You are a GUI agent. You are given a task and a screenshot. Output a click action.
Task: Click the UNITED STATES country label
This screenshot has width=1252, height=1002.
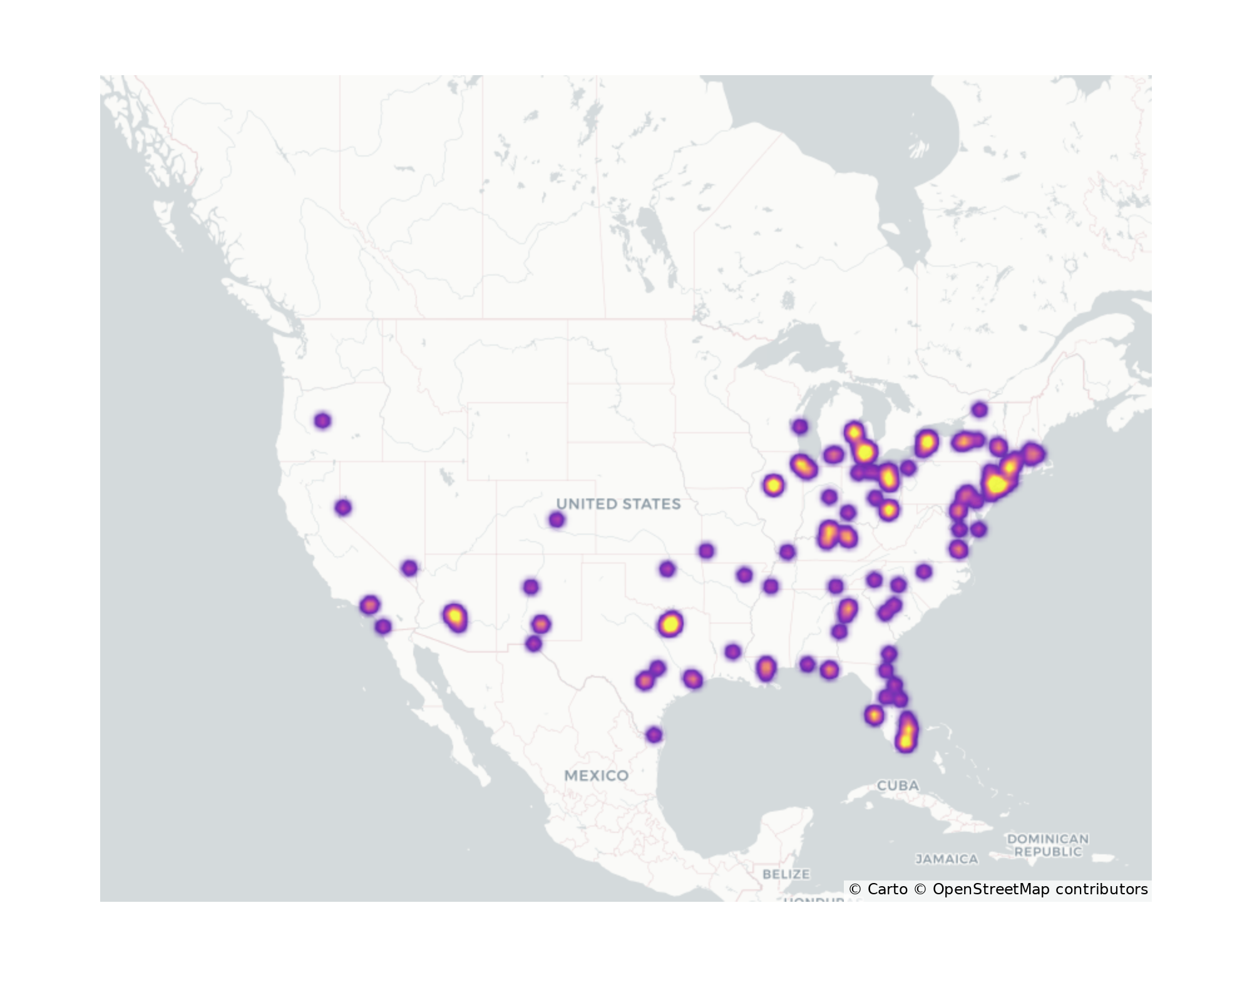(x=618, y=504)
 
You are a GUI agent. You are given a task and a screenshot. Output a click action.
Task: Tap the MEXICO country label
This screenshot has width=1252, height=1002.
(x=596, y=775)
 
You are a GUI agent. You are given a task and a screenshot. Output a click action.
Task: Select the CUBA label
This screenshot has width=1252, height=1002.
(x=898, y=785)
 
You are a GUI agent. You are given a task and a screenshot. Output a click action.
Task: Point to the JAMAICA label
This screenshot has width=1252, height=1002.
(x=947, y=859)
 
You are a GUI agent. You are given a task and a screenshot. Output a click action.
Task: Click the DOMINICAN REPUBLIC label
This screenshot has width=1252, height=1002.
(x=1047, y=845)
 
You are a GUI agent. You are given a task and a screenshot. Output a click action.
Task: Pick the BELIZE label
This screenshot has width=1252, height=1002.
(x=786, y=874)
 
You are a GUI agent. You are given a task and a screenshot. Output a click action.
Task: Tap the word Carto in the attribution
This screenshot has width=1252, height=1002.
(x=887, y=889)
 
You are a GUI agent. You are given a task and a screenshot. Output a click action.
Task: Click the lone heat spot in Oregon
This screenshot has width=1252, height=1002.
(x=322, y=421)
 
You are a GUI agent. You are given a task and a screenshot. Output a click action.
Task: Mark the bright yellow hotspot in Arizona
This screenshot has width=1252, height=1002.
(x=455, y=616)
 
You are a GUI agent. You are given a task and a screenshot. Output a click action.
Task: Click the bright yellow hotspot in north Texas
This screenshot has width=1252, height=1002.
(x=670, y=624)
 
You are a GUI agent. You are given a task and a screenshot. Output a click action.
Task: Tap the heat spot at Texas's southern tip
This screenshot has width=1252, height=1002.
(x=654, y=735)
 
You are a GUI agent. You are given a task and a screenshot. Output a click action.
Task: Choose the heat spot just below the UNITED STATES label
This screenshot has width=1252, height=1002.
(x=557, y=520)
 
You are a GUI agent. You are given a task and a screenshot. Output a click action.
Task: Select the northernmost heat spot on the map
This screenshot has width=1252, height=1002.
(x=980, y=410)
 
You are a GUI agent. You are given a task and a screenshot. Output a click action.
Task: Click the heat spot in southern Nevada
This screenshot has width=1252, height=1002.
(x=409, y=568)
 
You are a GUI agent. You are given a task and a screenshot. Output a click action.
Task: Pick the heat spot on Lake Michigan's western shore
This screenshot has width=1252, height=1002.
(x=799, y=427)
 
